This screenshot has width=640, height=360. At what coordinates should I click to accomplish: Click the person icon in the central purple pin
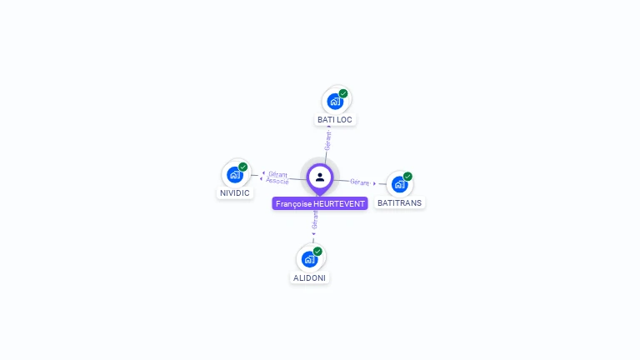point(320,177)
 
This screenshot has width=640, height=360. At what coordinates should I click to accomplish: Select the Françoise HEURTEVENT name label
point(320,203)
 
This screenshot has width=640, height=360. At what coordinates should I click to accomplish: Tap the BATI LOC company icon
point(335,101)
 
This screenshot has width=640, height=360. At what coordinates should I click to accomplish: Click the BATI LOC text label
point(335,120)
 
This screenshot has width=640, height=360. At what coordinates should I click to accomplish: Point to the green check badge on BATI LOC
point(343,93)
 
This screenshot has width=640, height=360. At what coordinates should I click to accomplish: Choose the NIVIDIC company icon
point(235,174)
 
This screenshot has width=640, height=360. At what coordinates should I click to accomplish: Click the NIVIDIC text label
point(235,193)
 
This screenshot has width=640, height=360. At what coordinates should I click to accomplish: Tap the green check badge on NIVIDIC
point(243,167)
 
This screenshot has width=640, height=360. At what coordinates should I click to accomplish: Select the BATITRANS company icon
point(399,184)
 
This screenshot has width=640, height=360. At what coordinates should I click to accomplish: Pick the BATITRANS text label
point(400,203)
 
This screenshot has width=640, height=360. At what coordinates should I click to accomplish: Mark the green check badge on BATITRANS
point(407,177)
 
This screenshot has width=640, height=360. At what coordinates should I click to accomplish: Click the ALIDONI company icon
point(309,258)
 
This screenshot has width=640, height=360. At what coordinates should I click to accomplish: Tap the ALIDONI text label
point(309,277)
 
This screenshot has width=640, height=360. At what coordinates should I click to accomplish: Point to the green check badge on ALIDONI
point(317,251)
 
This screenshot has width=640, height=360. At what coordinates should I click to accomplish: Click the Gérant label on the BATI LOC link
point(328,140)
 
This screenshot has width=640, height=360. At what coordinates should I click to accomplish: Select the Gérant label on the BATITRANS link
point(360,182)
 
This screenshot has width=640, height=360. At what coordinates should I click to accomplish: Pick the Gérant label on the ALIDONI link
point(315,220)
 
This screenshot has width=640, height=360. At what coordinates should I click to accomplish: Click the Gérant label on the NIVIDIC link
point(278,174)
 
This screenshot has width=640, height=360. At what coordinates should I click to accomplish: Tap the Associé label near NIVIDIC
point(277,181)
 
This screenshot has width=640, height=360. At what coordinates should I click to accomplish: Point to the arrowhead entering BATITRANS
point(375,183)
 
